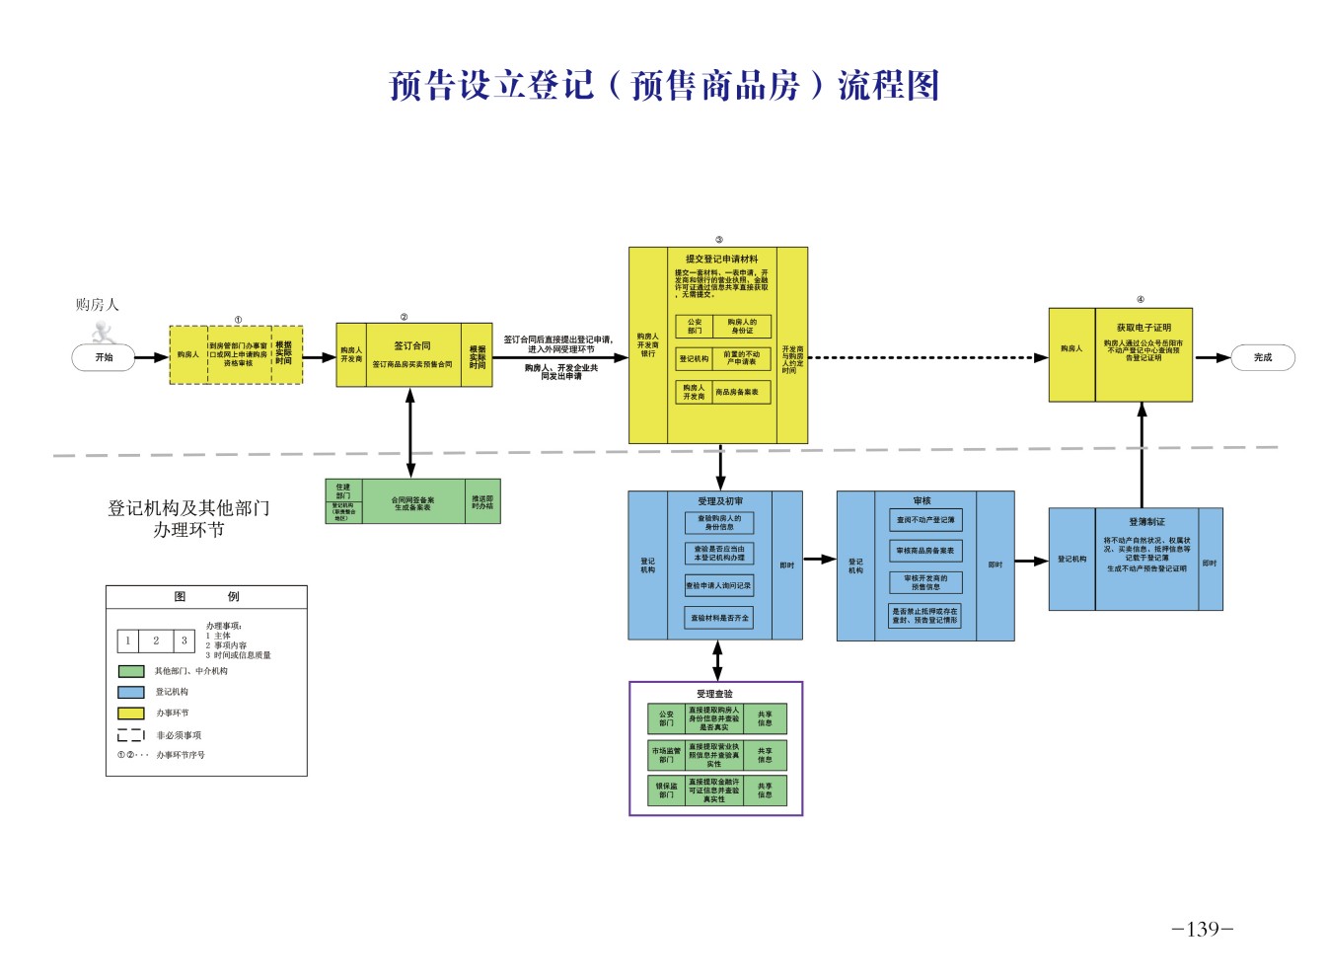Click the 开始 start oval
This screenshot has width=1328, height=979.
click(x=104, y=357)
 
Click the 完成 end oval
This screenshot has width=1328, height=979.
click(x=1262, y=357)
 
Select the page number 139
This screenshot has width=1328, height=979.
click(x=1202, y=929)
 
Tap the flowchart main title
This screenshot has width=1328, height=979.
click(x=664, y=86)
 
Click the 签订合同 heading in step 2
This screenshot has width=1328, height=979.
click(x=412, y=346)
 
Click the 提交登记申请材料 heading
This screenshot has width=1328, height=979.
click(x=721, y=260)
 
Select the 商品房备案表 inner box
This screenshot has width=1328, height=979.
click(x=737, y=392)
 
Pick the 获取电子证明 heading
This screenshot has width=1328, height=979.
click(x=1144, y=328)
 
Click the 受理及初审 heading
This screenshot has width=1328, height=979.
click(x=720, y=501)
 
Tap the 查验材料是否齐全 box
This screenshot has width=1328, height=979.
click(x=719, y=618)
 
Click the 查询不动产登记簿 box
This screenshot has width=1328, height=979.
click(x=925, y=519)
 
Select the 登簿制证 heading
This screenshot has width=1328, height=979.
click(x=1146, y=521)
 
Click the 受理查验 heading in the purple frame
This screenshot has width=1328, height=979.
click(x=714, y=694)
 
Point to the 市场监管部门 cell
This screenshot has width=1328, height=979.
click(x=666, y=755)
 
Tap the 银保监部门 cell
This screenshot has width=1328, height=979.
click(x=666, y=791)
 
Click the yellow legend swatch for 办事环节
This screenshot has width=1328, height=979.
click(x=131, y=713)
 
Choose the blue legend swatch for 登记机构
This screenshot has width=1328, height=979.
click(x=131, y=692)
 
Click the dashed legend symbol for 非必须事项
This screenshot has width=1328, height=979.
click(x=131, y=735)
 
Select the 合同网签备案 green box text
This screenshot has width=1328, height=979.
click(x=412, y=503)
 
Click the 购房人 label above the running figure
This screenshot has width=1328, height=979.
click(x=97, y=305)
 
